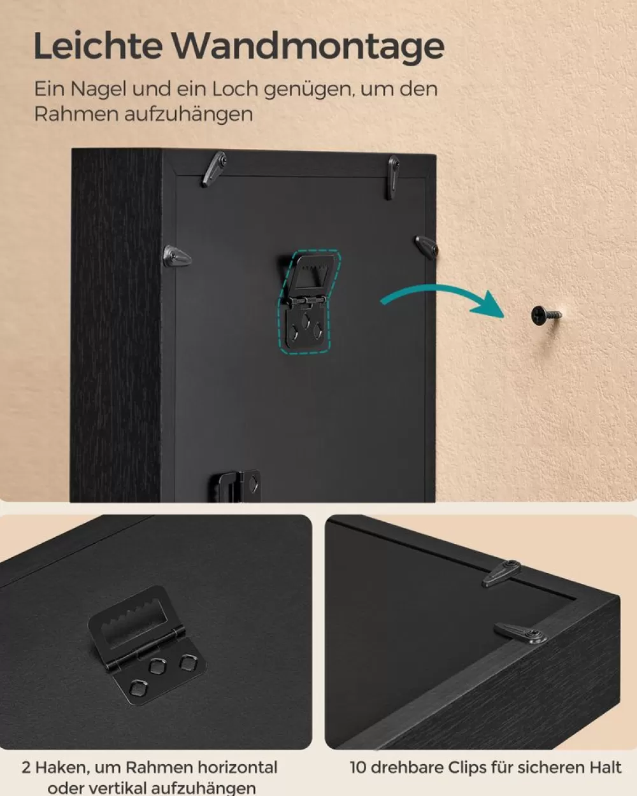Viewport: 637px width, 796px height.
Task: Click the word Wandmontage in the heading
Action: click(x=309, y=47)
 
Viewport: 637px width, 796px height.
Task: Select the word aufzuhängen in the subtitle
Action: click(x=189, y=114)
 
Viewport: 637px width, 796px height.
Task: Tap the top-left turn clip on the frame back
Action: click(x=214, y=169)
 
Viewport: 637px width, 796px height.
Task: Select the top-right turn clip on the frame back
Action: click(x=392, y=176)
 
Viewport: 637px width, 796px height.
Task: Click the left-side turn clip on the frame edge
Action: click(x=177, y=256)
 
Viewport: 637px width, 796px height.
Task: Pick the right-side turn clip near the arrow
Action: click(x=426, y=246)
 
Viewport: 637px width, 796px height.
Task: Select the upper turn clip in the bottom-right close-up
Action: click(x=501, y=573)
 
